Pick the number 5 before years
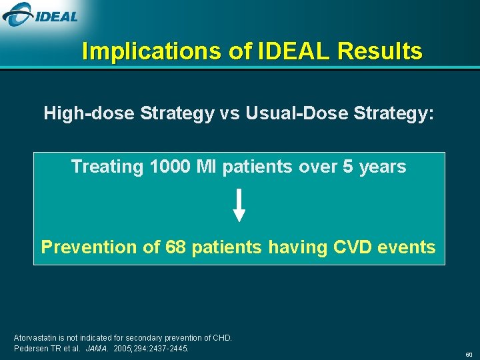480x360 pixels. pos(347,167)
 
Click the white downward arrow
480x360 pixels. pos(239,205)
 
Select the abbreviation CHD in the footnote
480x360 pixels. pos(221,338)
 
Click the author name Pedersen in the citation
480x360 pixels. pos(31,349)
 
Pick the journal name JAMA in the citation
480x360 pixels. pos(96,349)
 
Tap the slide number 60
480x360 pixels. pos(469,354)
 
